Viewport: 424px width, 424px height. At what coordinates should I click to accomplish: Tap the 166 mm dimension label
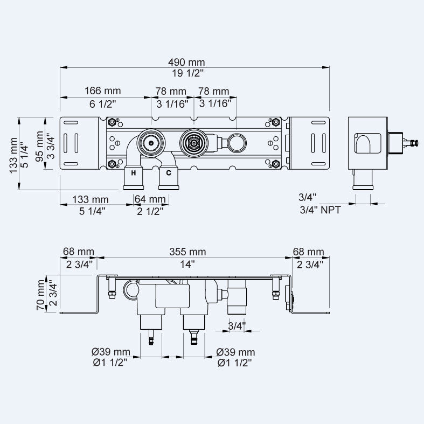click(x=102, y=91)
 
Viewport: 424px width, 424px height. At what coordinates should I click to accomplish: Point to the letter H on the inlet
click(x=133, y=173)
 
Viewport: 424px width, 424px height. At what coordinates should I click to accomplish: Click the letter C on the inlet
click(x=168, y=173)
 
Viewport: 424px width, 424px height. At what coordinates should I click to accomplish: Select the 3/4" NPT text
click(x=320, y=211)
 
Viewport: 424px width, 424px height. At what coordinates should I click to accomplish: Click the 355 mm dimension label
click(x=188, y=252)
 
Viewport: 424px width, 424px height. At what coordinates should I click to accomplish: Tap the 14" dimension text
click(x=188, y=264)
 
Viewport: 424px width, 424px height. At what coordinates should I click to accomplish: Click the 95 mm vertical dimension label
click(x=39, y=143)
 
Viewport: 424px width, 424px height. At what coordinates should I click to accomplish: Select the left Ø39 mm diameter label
click(x=111, y=352)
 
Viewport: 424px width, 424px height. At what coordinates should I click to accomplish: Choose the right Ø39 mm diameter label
click(x=235, y=352)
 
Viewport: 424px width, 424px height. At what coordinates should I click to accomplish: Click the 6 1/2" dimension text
click(x=99, y=103)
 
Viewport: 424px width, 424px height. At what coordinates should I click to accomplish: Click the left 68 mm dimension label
click(x=78, y=252)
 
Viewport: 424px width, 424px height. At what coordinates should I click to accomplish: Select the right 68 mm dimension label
click(x=308, y=252)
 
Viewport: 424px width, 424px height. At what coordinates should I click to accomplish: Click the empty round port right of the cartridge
click(x=236, y=143)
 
